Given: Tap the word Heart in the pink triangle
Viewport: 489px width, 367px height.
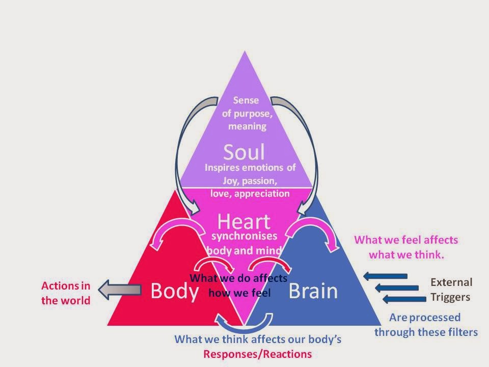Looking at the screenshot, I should click(243, 222).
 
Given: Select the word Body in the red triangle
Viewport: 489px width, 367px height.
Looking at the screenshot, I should click(174, 291).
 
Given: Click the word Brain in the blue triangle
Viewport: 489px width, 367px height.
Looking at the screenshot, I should click(313, 291).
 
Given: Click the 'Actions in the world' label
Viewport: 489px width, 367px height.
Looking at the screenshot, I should click(66, 293).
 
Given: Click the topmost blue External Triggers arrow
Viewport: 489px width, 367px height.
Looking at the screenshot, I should click(385, 276).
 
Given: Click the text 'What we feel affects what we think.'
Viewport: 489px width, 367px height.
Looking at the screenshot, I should click(406, 247).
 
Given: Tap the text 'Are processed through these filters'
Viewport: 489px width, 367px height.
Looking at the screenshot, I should click(426, 325).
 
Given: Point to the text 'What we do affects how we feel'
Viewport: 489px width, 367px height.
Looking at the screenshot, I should click(239, 285).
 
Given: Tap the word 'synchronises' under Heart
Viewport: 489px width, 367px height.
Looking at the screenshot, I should click(244, 237).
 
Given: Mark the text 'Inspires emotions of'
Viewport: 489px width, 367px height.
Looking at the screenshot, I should click(250, 167).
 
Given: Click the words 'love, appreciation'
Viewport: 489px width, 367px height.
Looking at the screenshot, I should click(250, 193).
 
